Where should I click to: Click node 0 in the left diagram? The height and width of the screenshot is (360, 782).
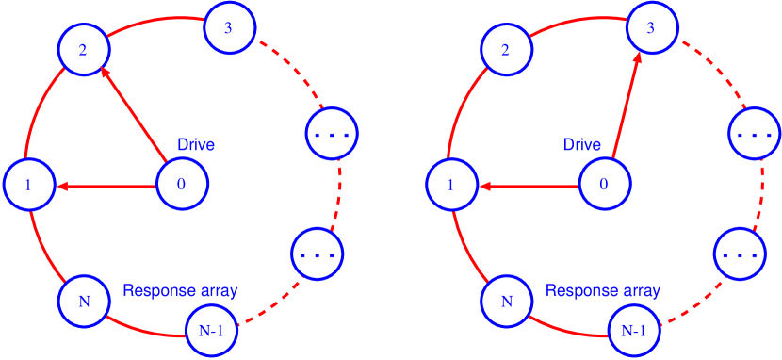tap(181, 184)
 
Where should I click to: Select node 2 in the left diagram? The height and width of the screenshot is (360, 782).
tap(83, 50)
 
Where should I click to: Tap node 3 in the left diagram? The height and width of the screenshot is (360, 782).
tap(229, 26)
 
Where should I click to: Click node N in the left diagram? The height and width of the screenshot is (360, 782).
tap(83, 302)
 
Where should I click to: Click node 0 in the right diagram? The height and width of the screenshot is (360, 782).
tap(604, 184)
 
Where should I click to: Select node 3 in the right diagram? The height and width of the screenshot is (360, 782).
tap(650, 26)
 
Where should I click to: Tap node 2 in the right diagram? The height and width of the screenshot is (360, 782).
tap(506, 50)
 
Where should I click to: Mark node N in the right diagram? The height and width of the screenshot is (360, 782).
tap(506, 302)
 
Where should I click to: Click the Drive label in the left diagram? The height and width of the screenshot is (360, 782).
tap(196, 145)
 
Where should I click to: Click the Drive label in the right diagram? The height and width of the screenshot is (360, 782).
tap(582, 145)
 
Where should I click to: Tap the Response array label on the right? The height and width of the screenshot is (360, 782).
tap(603, 290)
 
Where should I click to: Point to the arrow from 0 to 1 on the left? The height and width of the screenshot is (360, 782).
tap(106, 187)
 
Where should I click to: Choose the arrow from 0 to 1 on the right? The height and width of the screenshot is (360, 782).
tap(528, 187)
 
